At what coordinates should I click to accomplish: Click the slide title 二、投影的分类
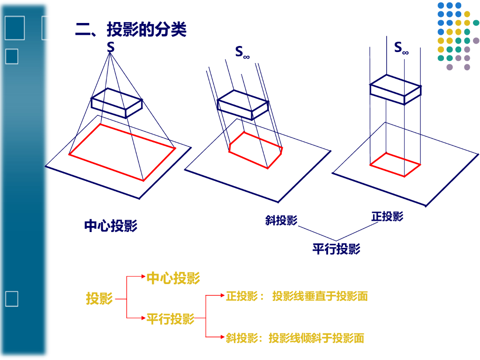[x=131, y=30]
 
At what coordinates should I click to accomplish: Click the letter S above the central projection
[x=111, y=47]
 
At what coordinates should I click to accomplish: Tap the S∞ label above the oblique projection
[x=242, y=52]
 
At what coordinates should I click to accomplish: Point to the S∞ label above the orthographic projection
[x=401, y=47]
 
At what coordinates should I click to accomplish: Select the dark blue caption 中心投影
[x=111, y=226]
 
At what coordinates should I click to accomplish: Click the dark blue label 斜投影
[x=281, y=220]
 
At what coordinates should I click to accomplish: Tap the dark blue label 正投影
[x=387, y=216]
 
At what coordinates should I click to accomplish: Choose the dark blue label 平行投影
[x=336, y=248]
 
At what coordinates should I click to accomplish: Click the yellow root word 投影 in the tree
[x=99, y=298]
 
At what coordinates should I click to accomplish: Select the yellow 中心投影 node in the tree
[x=173, y=277]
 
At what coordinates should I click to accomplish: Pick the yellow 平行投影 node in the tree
[x=170, y=319]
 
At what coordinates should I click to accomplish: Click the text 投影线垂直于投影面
[x=320, y=296]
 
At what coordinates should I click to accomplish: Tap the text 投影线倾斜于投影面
[x=316, y=338]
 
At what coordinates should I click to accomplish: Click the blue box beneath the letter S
[x=117, y=103]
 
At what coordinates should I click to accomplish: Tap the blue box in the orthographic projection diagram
[x=395, y=89]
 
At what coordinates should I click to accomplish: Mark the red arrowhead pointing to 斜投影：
[x=222, y=337]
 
